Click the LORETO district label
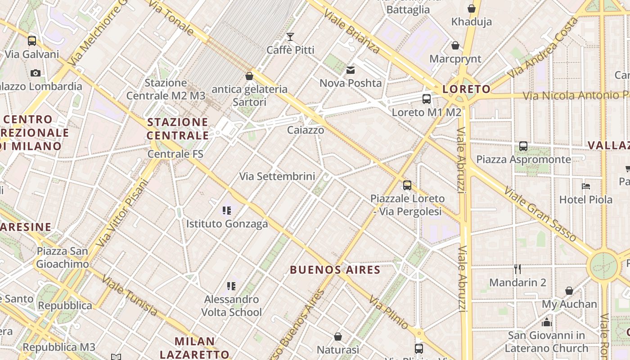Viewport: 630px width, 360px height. coord(466,89)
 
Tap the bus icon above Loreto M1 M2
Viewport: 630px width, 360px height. coord(426,99)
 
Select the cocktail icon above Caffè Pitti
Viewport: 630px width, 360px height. coord(290,36)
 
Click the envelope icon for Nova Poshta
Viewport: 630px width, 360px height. coord(351,70)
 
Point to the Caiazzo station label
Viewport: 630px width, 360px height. coord(306,130)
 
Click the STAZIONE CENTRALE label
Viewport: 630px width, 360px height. coord(178,129)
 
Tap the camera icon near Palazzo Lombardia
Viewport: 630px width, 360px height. coord(36,73)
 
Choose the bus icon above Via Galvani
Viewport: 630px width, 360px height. coord(32,41)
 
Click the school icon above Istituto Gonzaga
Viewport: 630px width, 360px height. coord(227,210)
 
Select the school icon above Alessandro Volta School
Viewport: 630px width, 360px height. coord(231,286)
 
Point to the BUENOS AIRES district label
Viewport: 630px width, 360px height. coord(335,270)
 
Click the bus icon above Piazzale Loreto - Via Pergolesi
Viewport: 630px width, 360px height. coord(407,185)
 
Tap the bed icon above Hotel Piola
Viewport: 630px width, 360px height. coord(585,186)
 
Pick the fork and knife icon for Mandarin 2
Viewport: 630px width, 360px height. coord(517,269)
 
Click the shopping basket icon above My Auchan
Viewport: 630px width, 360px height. coord(569,291)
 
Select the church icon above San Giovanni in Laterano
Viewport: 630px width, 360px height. coord(547,322)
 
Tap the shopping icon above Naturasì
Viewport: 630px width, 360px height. coord(338,337)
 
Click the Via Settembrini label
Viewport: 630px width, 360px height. coord(277,176)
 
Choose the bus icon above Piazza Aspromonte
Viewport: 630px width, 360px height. coord(523,146)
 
